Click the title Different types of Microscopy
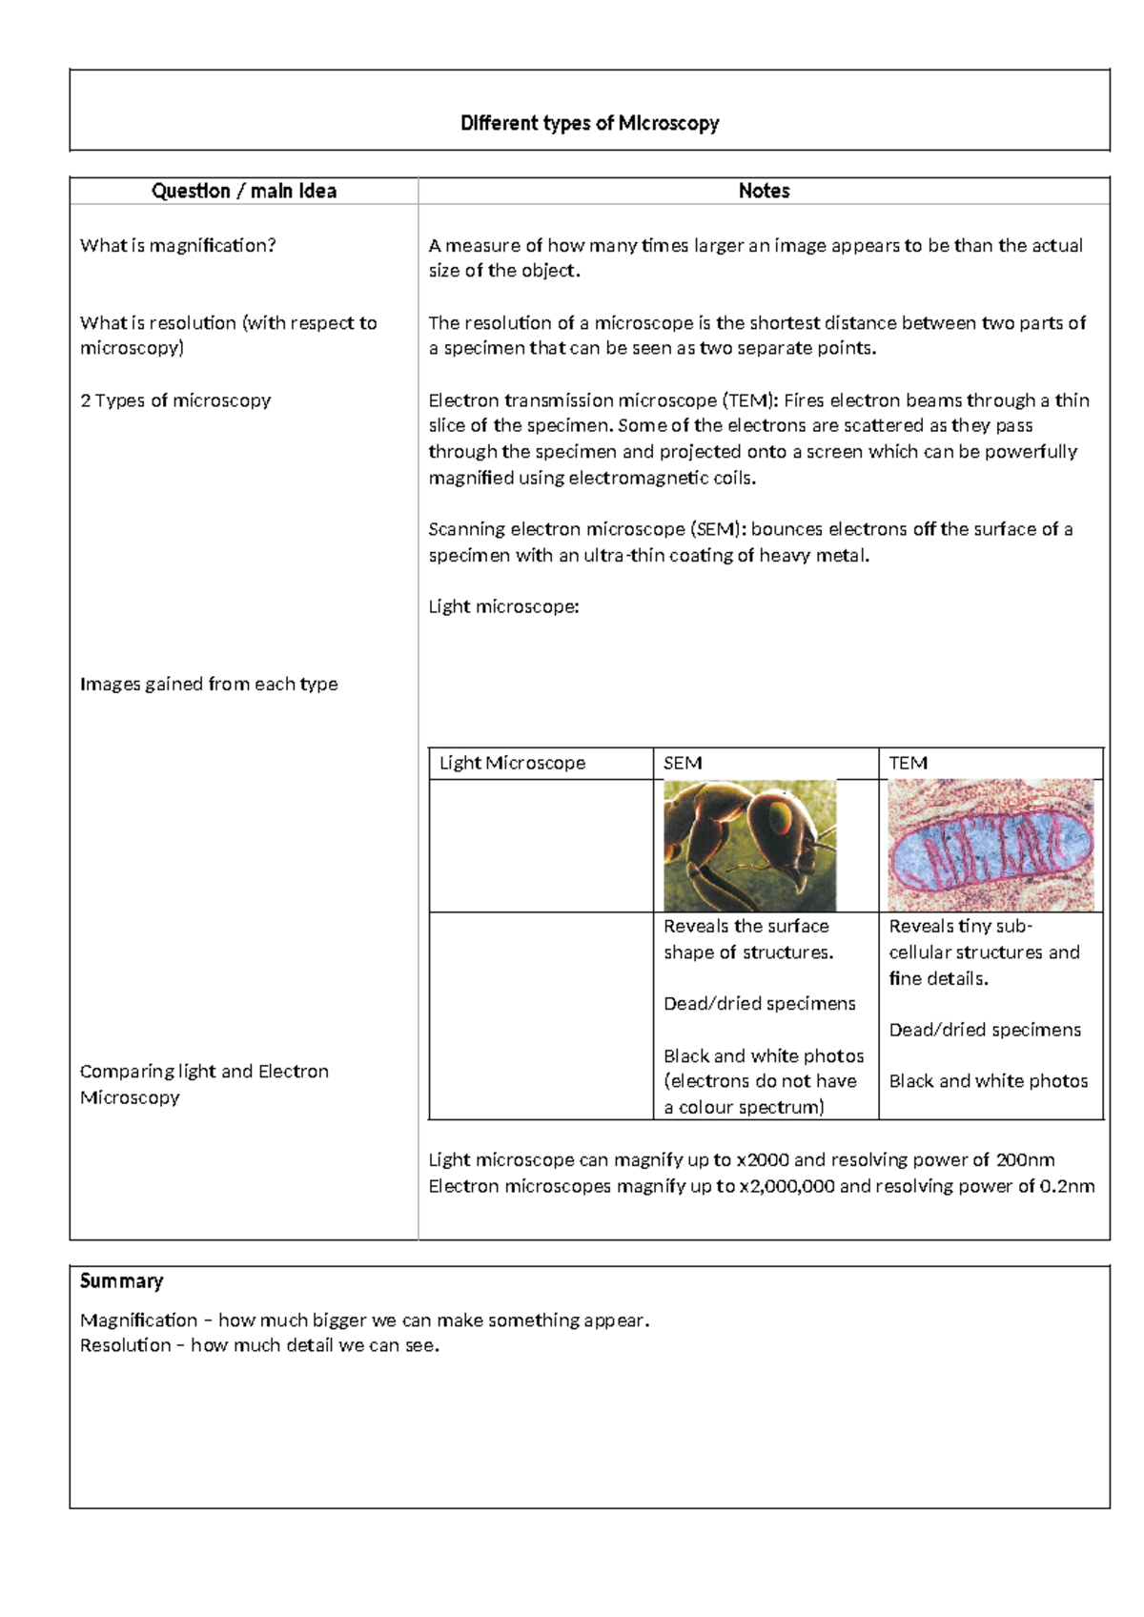589,123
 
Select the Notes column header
764,191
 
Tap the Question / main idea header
244,191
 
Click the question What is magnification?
178,245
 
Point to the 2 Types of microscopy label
175,400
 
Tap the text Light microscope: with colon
503,606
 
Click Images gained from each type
209,684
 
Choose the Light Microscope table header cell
512,763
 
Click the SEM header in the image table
683,763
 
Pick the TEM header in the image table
908,763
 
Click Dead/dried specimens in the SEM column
760,1003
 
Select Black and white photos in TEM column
988,1080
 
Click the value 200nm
1025,1159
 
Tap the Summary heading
121,1280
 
